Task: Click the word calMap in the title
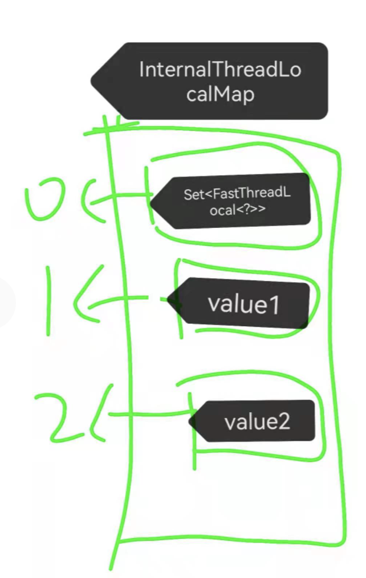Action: coord(219,95)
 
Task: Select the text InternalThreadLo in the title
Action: coord(219,70)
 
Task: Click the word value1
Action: coord(244,303)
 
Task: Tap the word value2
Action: coord(257,422)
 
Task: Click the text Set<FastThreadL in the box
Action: coord(237,194)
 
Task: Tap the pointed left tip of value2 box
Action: coord(191,422)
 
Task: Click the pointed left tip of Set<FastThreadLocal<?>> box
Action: coord(153,200)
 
